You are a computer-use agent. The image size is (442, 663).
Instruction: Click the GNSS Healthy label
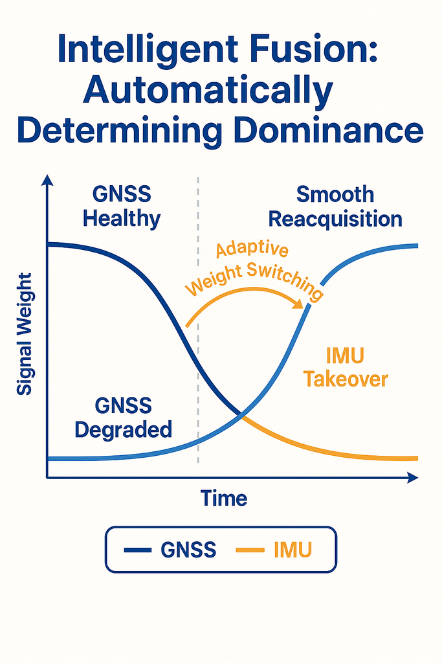[122, 206]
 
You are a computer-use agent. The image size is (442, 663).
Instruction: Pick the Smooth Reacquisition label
[335, 206]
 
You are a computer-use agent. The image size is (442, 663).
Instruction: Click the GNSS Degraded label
[123, 417]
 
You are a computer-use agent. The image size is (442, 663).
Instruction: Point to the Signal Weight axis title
[25, 334]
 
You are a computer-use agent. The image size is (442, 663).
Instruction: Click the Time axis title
[223, 499]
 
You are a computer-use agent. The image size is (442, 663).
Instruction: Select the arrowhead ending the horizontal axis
[412, 478]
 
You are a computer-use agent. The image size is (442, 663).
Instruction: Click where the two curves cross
[241, 414]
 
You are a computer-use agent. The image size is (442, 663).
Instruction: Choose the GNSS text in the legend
[188, 550]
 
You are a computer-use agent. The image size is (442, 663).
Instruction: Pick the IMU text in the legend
[293, 550]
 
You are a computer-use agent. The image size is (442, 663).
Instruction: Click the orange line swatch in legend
[250, 551]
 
